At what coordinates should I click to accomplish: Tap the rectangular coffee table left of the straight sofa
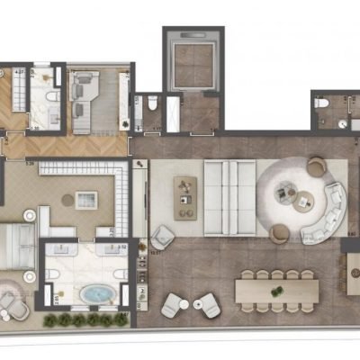coord(187,195)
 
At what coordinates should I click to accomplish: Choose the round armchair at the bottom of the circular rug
coord(279,233)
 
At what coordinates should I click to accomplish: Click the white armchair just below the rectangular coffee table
coord(162,238)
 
